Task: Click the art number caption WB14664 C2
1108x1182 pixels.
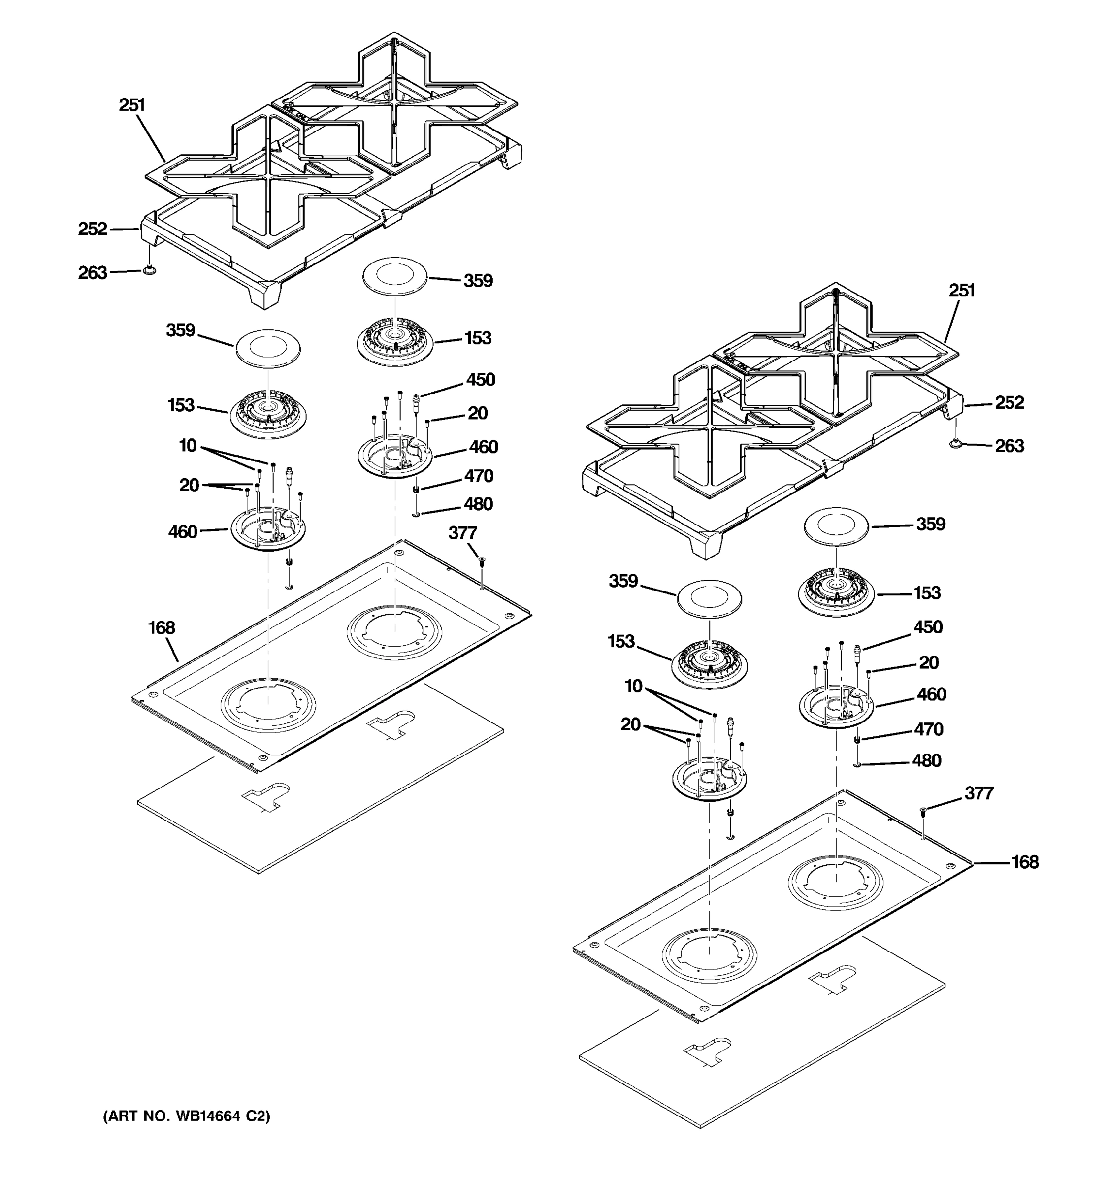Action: pos(187,1116)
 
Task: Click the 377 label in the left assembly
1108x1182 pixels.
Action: pos(462,533)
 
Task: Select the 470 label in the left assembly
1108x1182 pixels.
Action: pos(479,476)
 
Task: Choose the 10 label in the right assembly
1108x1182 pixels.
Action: pos(633,686)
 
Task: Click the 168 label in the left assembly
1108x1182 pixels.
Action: pos(161,628)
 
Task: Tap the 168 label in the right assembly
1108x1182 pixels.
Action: pos(1025,862)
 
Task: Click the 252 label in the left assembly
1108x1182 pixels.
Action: pos(93,229)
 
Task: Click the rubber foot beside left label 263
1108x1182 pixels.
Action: pos(149,271)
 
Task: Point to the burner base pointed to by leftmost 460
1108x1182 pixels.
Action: pos(268,529)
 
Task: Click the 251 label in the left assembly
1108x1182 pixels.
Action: pos(131,105)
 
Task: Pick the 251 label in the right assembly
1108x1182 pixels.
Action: pos(961,291)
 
